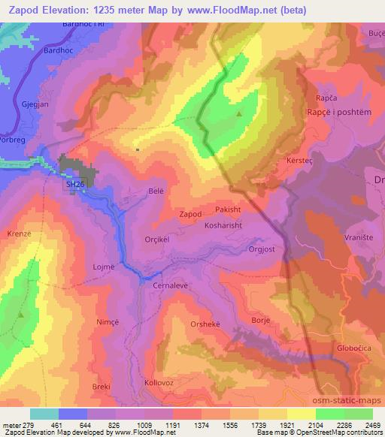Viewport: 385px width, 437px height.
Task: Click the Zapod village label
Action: [190, 214]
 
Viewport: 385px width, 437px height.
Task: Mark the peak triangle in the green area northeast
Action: [239, 114]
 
